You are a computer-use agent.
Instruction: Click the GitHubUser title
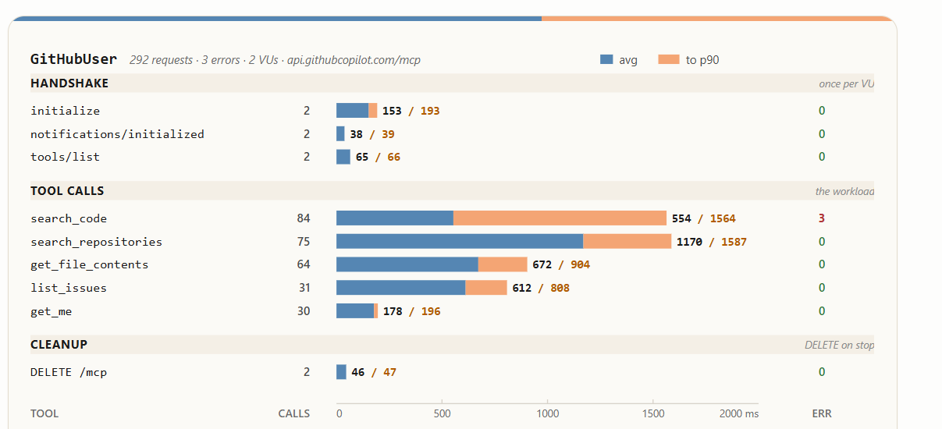pyautogui.click(x=73, y=59)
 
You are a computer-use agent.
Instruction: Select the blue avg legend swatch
pyautogui.click(x=606, y=59)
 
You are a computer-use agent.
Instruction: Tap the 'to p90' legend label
pyautogui.click(x=702, y=60)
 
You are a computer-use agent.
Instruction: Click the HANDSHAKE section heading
pyautogui.click(x=69, y=83)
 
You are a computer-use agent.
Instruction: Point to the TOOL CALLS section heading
pyautogui.click(x=67, y=191)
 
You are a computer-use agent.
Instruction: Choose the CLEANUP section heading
pyautogui.click(x=59, y=345)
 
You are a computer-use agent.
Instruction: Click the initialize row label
pyautogui.click(x=66, y=111)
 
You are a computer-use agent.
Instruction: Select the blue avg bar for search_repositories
pyautogui.click(x=460, y=241)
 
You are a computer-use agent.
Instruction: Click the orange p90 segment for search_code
pyautogui.click(x=560, y=218)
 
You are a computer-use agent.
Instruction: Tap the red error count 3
pyautogui.click(x=821, y=218)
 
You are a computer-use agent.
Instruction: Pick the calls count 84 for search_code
pyautogui.click(x=304, y=218)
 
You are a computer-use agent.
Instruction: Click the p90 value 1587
pyautogui.click(x=734, y=242)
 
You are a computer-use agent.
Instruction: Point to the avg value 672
pyautogui.click(x=542, y=264)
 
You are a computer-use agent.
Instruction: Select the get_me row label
pyautogui.click(x=51, y=311)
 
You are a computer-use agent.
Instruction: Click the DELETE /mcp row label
pyautogui.click(x=69, y=372)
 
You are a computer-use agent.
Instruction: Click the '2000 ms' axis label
pyautogui.click(x=739, y=413)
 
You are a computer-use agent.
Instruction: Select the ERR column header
pyautogui.click(x=822, y=413)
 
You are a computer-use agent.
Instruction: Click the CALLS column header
pyautogui.click(x=294, y=413)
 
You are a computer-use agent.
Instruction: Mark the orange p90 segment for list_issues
pyautogui.click(x=486, y=287)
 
